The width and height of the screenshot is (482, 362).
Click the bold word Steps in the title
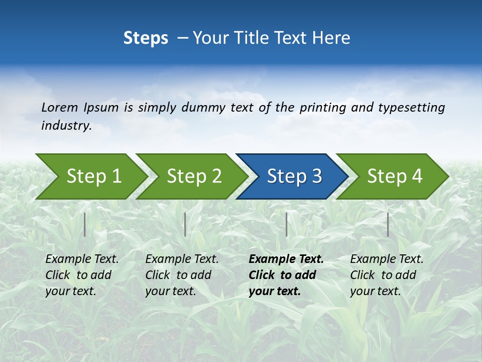pyautogui.click(x=146, y=38)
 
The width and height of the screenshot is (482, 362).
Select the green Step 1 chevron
pyautogui.click(x=93, y=176)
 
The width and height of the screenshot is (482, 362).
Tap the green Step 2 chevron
pyautogui.click(x=193, y=176)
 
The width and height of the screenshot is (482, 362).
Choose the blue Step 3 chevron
pyautogui.click(x=293, y=176)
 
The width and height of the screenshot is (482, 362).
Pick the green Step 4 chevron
pyautogui.click(x=394, y=176)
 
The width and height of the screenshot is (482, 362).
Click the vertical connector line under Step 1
pyautogui.click(x=85, y=224)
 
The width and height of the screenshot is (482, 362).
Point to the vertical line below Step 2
pyautogui.click(x=185, y=224)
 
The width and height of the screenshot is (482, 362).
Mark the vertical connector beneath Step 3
pyautogui.click(x=286, y=224)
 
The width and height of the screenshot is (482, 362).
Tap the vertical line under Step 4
pyautogui.click(x=388, y=224)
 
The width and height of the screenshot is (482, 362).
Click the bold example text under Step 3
pyautogui.click(x=285, y=275)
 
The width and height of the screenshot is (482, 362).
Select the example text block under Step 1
pyautogui.click(x=82, y=275)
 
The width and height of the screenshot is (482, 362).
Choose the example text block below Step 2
pyautogui.click(x=182, y=275)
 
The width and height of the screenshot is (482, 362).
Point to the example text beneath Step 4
pyautogui.click(x=386, y=275)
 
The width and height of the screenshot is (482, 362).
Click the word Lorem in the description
pyautogui.click(x=59, y=108)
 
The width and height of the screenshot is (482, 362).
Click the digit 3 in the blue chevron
pyautogui.click(x=316, y=176)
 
